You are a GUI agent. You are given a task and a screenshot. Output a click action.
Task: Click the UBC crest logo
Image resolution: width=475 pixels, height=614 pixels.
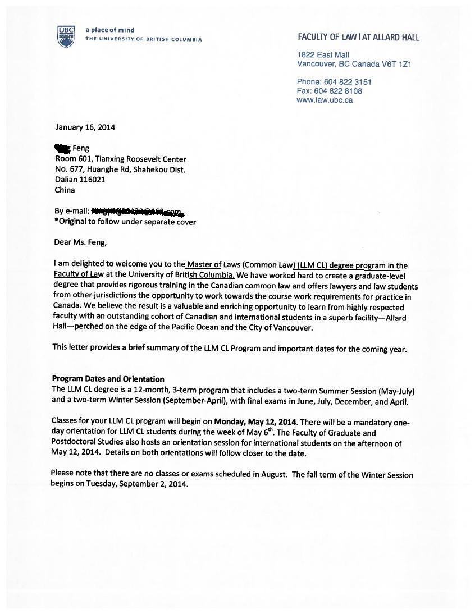[66, 36]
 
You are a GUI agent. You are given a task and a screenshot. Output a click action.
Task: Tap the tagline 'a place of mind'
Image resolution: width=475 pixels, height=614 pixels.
[109, 30]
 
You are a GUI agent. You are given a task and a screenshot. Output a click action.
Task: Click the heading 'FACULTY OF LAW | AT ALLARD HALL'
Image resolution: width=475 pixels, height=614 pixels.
[358, 37]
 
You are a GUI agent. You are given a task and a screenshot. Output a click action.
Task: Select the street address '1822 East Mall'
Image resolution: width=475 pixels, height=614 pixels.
[323, 54]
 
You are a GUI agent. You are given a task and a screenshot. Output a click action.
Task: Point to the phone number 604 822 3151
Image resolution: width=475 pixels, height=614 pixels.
[348, 82]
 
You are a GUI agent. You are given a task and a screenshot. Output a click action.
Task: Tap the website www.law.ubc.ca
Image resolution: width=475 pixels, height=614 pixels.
[325, 100]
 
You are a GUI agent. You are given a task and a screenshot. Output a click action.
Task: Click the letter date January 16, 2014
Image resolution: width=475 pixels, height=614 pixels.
[85, 127]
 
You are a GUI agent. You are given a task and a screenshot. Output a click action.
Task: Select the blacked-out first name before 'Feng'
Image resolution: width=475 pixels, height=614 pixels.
[62, 148]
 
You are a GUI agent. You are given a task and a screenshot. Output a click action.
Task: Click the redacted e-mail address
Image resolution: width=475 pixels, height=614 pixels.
[138, 212]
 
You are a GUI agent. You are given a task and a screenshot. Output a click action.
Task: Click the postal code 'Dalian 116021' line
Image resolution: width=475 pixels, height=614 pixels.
[80, 180]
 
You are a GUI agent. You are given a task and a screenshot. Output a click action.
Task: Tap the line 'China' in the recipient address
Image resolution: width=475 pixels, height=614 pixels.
[65, 190]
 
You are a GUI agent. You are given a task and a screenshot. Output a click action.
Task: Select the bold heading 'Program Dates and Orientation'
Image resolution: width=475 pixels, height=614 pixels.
[108, 379]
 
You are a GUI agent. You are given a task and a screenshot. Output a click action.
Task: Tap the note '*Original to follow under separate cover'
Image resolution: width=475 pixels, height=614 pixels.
[125, 222]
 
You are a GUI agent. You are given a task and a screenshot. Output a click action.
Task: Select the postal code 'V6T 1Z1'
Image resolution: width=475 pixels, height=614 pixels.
[397, 64]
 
